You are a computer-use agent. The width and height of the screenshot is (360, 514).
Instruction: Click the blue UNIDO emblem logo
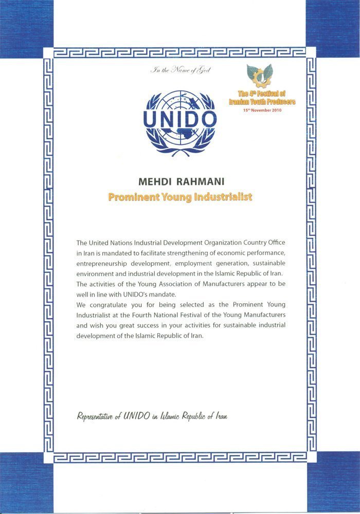(x=178, y=123)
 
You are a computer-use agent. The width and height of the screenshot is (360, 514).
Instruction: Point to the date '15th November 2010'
(x=262, y=109)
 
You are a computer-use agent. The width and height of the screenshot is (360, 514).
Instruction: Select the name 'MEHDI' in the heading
(x=153, y=183)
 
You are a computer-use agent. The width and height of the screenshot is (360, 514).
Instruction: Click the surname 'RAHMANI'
(x=200, y=183)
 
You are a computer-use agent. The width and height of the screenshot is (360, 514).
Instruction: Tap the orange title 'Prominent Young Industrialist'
(x=180, y=197)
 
